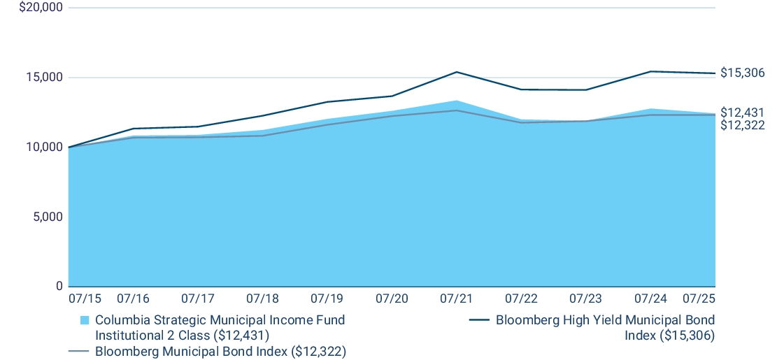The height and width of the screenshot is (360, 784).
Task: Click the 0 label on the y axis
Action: click(58, 287)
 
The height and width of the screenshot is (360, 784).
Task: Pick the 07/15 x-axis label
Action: click(85, 299)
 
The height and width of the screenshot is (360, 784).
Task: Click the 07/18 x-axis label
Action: click(262, 299)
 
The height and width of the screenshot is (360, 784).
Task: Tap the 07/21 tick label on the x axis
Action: click(456, 299)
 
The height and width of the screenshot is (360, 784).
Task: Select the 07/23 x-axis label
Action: click(585, 299)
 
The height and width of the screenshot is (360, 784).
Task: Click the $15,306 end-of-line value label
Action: click(742, 73)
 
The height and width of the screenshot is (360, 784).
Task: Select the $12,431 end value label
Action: click(742, 113)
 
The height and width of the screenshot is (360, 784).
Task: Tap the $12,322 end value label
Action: click(742, 126)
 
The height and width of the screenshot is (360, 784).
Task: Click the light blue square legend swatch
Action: click(85, 321)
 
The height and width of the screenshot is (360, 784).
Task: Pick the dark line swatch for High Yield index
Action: click(478, 321)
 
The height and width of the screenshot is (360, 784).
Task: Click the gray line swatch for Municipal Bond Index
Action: click(78, 351)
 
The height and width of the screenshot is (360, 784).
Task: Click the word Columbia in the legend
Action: click(120, 321)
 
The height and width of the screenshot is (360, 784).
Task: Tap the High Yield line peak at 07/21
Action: click(456, 72)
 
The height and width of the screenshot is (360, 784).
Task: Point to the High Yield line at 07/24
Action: click(650, 71)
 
